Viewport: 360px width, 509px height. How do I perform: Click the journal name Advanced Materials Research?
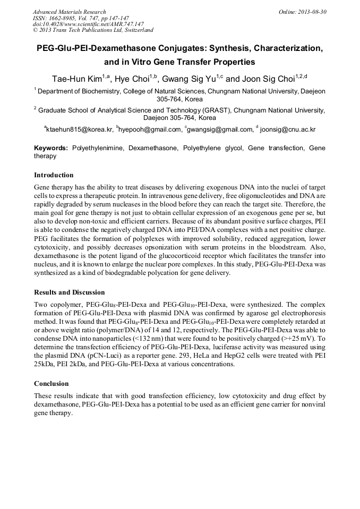(69, 12)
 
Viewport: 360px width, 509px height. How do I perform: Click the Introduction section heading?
(54, 175)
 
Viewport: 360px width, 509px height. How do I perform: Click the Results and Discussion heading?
(69, 292)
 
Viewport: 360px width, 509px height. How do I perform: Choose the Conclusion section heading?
(52, 384)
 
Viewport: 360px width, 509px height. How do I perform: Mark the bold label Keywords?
(51, 148)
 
